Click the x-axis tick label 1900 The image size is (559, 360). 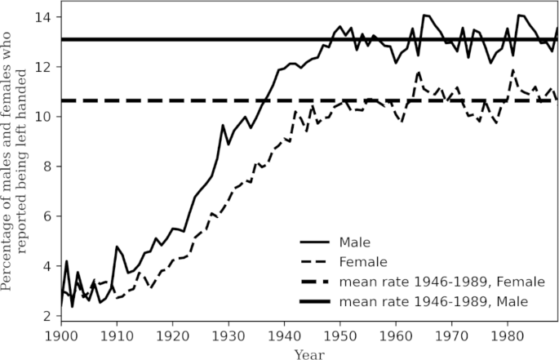(60, 336)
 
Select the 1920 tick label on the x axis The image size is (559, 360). (174, 336)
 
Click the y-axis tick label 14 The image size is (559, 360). (47, 17)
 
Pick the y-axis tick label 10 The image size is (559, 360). (47, 117)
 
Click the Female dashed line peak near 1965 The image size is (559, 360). (419, 72)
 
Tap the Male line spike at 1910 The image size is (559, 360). (117, 247)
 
